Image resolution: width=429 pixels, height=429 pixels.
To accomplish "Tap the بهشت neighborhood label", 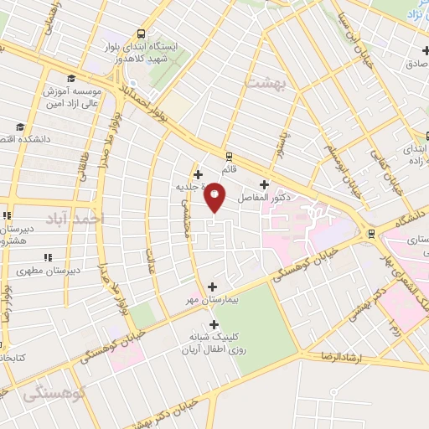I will [x=266, y=82].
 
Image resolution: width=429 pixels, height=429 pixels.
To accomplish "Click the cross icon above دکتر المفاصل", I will [x=265, y=184].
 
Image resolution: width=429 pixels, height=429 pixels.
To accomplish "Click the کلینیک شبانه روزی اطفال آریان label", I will [x=215, y=344].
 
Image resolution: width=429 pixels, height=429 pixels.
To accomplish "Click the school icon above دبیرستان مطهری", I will [x=48, y=256].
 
